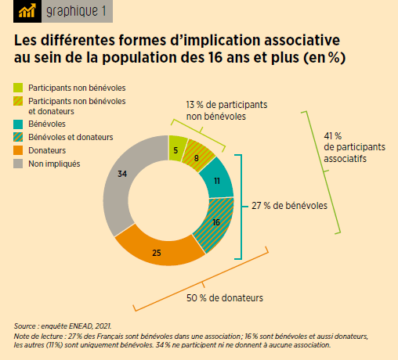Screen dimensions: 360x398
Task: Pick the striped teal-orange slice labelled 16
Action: coord(215,223)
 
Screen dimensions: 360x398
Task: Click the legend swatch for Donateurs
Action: coord(19,150)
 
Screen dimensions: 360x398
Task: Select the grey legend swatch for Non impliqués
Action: coord(19,164)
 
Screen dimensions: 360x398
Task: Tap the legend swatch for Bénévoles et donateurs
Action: coord(19,137)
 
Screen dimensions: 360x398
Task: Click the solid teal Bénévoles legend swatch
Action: coord(19,124)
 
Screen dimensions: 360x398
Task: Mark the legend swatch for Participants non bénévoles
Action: coord(19,88)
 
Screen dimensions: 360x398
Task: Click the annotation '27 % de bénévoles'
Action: coord(289,207)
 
